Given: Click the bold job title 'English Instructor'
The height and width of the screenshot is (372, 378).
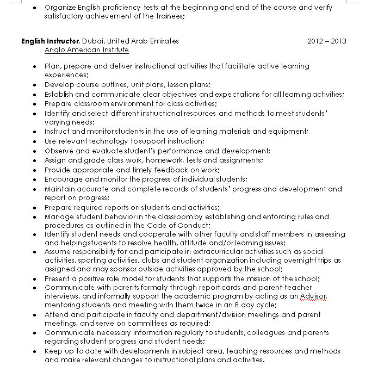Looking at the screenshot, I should (50, 41).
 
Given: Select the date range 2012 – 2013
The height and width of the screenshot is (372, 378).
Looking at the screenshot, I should (326, 41).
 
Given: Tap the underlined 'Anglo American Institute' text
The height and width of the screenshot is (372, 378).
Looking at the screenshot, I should (86, 50).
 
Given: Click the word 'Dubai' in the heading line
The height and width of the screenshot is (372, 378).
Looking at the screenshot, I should (93, 41).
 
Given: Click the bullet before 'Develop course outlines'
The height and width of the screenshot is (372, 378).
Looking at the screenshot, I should (34, 85).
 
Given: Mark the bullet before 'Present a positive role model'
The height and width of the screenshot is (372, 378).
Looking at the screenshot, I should (34, 278).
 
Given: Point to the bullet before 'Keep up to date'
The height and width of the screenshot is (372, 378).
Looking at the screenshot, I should (34, 351).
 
